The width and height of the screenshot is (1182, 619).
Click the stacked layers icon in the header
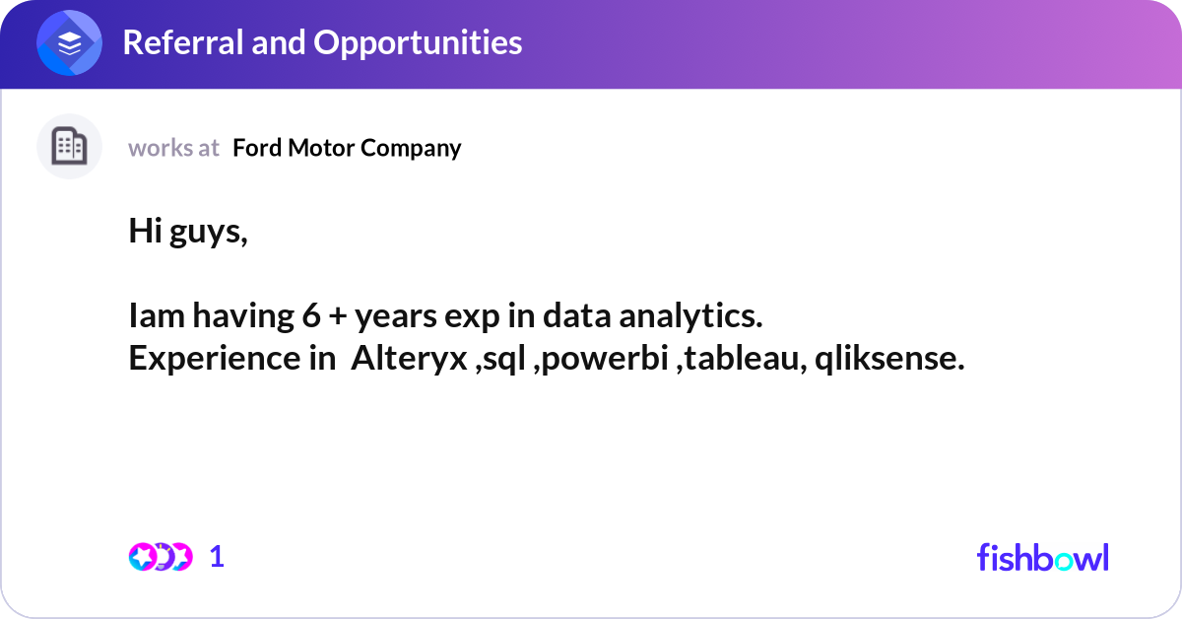[x=69, y=44]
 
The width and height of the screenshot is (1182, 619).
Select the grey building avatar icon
[x=69, y=147]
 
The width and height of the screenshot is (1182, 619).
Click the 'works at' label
[x=173, y=148]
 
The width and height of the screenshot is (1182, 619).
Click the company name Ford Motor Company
[x=347, y=148]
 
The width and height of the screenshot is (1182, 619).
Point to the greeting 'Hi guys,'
[x=188, y=232]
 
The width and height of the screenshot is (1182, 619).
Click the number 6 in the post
[x=306, y=316]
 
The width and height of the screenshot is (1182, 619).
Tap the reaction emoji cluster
[x=160, y=557]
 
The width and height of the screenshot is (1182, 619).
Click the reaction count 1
[x=217, y=557]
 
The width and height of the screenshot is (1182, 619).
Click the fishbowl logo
[x=1042, y=557]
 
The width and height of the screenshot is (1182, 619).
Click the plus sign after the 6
[x=335, y=317]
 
